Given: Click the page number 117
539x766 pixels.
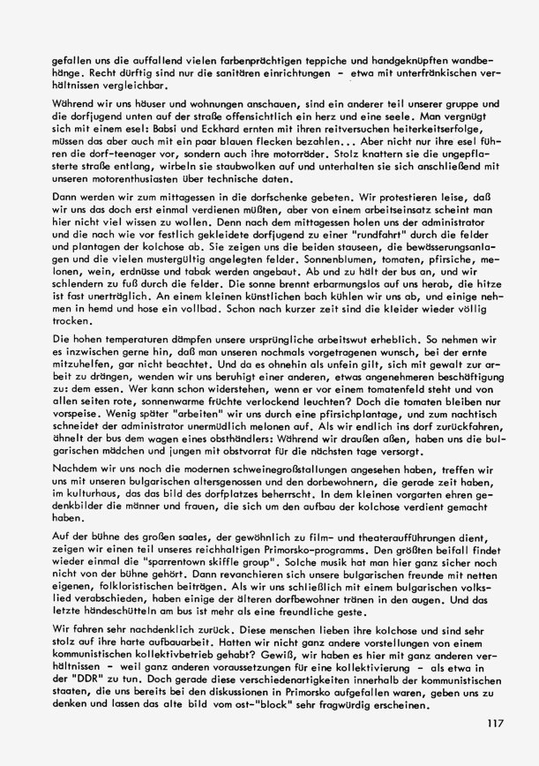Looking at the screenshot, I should (x=492, y=724).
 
